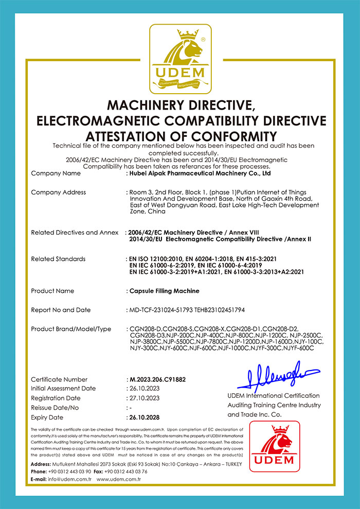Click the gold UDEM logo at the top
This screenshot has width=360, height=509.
click(180, 57)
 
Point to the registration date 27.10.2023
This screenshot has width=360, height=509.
click(145, 398)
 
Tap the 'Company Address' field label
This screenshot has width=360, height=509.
click(58, 192)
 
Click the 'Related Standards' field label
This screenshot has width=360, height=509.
click(58, 259)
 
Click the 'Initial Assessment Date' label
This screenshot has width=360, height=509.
click(63, 389)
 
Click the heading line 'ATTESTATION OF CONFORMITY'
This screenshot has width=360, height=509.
click(180, 136)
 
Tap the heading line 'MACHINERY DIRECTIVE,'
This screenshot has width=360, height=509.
click(180, 106)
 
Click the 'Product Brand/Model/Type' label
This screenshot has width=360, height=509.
click(71, 329)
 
